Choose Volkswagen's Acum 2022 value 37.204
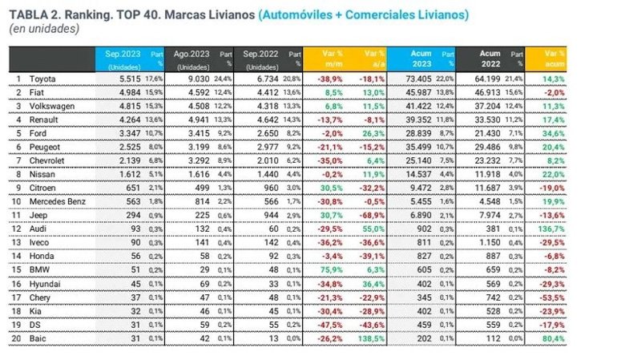tap(490, 105)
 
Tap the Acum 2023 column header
tap(421, 58)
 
